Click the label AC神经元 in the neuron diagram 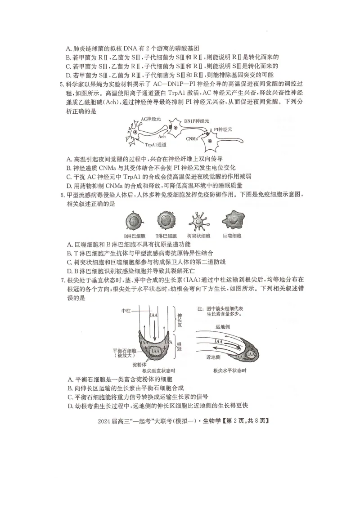pos(151,119)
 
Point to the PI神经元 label pos(223,129)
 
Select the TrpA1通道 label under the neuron pos(156,145)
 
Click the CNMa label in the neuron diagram pos(192,139)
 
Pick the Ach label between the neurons pos(162,136)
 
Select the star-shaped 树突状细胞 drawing pos(199,221)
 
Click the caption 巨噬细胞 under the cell pos(232,236)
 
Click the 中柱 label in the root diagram pos(126,311)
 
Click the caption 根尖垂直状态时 pos(158,371)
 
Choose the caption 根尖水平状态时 pos(230,371)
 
